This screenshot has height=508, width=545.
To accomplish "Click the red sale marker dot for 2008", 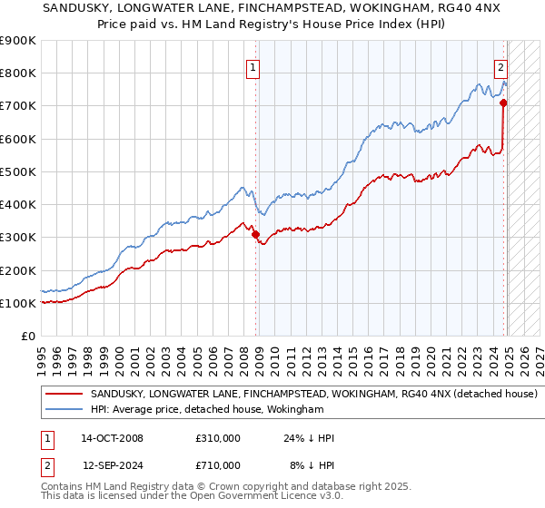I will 255,234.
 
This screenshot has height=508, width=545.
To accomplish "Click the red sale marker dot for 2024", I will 503,103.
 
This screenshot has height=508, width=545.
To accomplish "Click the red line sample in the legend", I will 64,394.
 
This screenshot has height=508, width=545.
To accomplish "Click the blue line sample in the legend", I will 64,410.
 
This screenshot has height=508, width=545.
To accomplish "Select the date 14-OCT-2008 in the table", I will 113,438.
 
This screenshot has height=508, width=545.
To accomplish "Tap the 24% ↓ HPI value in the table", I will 309,438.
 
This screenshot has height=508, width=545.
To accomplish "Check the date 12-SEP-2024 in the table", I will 113,465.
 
